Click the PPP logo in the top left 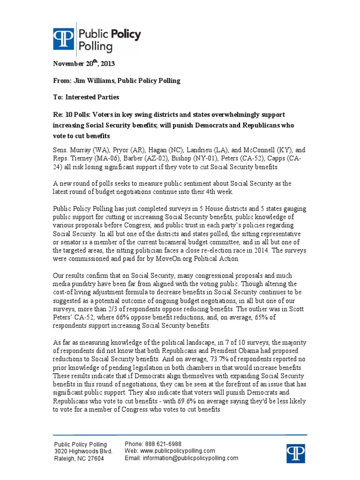[63, 40]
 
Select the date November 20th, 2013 [84, 64]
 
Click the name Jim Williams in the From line [93, 81]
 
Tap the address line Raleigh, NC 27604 [80, 458]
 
